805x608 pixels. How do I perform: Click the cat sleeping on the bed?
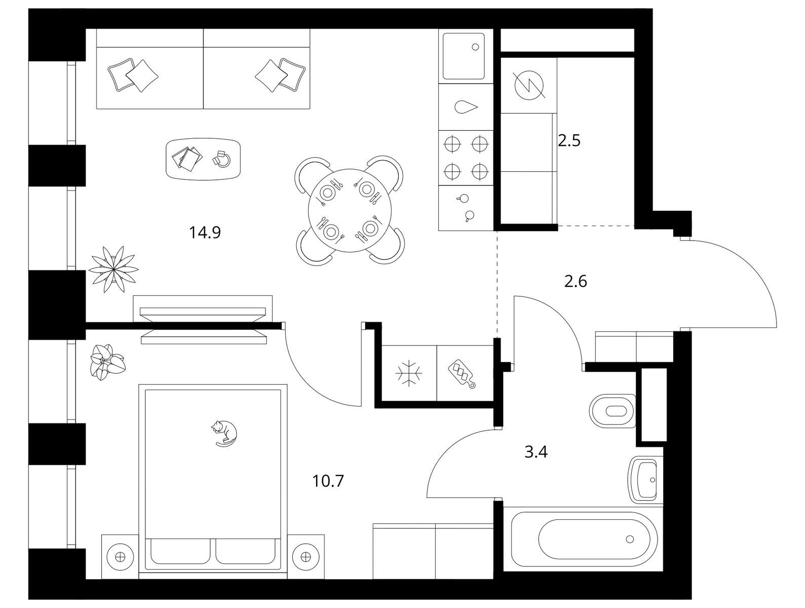(224, 433)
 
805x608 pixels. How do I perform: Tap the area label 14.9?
(205, 233)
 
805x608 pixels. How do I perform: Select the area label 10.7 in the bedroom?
(328, 481)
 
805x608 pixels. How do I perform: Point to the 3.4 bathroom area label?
(536, 452)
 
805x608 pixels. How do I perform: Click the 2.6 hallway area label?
(576, 282)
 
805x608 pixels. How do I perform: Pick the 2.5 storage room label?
(569, 141)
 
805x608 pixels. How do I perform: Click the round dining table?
(350, 210)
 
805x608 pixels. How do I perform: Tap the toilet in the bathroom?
(612, 411)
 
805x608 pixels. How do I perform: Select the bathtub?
(584, 539)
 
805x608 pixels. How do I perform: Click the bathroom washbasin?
(645, 480)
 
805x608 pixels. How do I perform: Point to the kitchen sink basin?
(464, 56)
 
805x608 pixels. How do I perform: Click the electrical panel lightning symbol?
(529, 86)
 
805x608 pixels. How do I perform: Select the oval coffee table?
(203, 159)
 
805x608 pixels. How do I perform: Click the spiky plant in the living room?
(113, 269)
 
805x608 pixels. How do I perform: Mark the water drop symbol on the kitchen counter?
(466, 107)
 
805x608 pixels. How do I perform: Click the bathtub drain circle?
(630, 539)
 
